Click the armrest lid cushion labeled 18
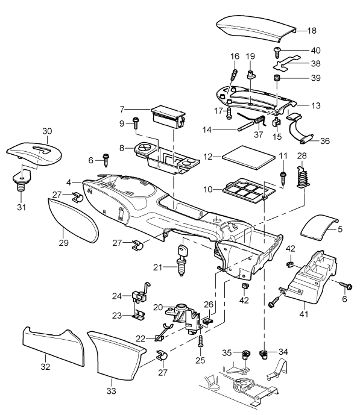pyautogui.click(x=256, y=28)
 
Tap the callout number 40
pyautogui.click(x=315, y=50)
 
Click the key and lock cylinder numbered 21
pyautogui.click(x=182, y=260)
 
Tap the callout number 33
pyautogui.click(x=112, y=391)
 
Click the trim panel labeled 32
pyautogui.click(x=54, y=346)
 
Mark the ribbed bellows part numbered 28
pyautogui.click(x=303, y=176)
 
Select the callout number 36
pyautogui.click(x=325, y=141)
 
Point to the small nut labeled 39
pyautogui.click(x=277, y=78)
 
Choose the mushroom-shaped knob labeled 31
pyautogui.click(x=22, y=181)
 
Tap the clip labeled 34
pyautogui.click(x=263, y=354)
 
